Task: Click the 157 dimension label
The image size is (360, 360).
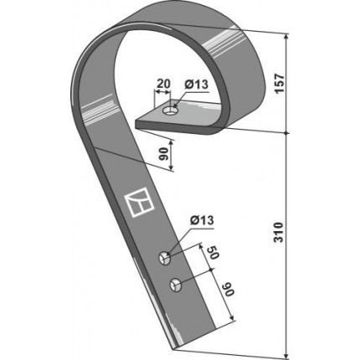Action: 279,84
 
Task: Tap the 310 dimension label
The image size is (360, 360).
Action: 278,232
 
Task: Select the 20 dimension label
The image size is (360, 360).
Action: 163,84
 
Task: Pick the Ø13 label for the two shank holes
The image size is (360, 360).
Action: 203,220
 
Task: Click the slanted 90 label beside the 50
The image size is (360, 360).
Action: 228,289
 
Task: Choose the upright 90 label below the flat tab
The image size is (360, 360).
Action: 164,154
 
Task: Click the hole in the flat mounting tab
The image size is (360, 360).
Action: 170,111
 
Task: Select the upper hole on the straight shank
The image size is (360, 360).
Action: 165,258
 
